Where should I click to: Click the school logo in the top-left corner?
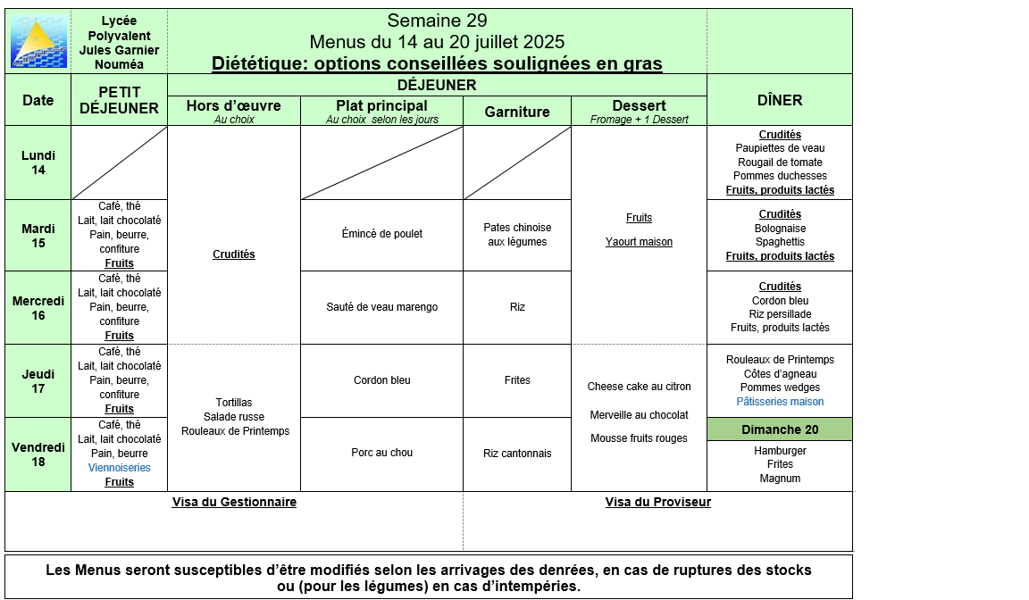pos(38,41)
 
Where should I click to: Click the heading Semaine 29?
pos(437,21)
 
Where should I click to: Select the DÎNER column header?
pos(779,100)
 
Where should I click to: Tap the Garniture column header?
pos(516,112)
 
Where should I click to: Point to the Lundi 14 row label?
pos(38,162)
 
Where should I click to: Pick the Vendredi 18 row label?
pos(38,454)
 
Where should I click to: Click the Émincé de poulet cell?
pos(381,234)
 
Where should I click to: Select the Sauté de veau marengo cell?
pos(381,307)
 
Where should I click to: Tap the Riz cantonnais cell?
pos(517,454)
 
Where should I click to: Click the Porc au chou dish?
pos(381,453)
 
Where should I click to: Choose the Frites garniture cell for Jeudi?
pos(517,380)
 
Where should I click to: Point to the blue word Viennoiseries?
pos(119,468)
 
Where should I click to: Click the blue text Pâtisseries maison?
pos(780,402)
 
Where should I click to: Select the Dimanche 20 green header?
pos(779,429)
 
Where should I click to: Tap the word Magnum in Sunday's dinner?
pos(780,479)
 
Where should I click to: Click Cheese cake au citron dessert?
pos(639,387)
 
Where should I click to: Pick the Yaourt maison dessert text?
pos(639,242)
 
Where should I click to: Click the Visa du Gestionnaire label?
pos(234,502)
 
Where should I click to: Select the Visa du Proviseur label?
pos(657,502)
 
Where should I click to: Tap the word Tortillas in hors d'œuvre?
pos(234,403)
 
